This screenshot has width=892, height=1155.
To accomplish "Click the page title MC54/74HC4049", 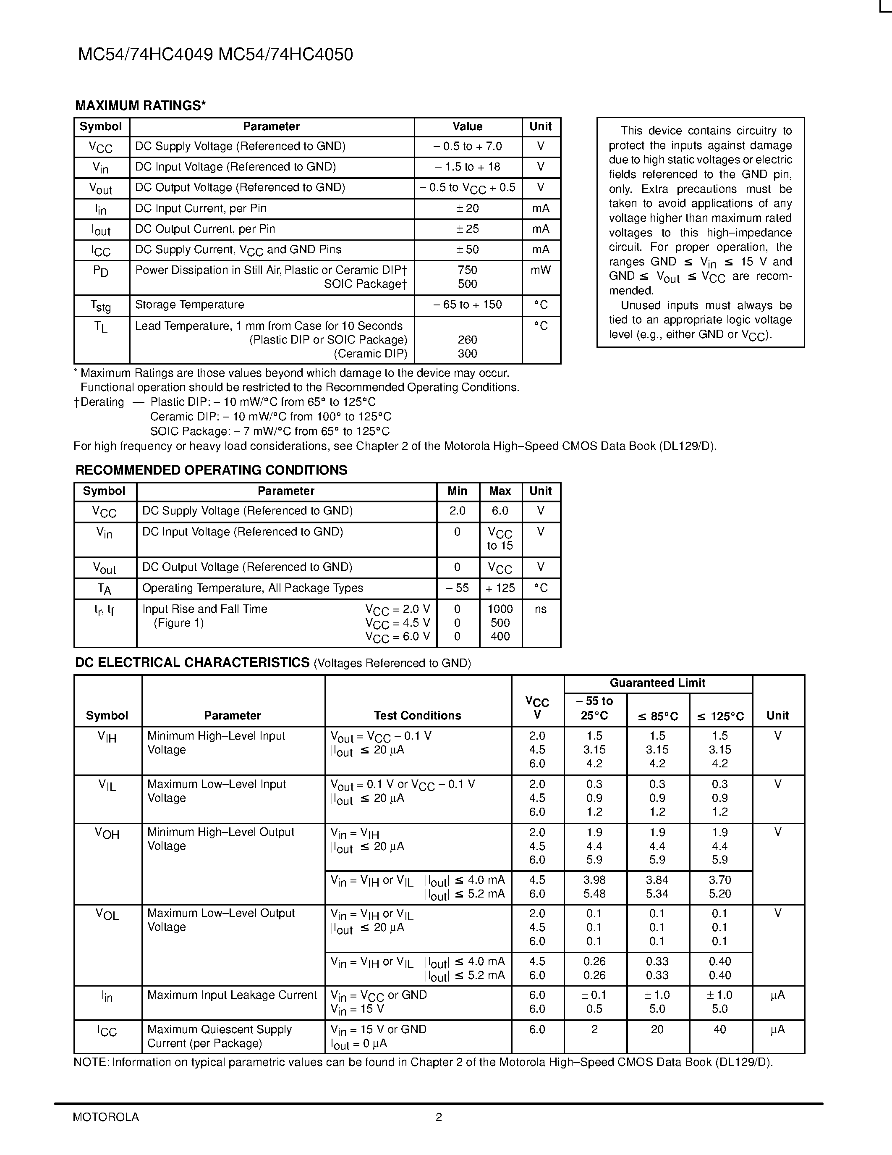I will point(145,55).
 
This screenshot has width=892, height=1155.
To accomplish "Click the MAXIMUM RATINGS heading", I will point(140,106).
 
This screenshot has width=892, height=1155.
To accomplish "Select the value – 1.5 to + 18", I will point(467,167).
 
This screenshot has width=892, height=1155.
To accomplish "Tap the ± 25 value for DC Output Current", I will point(467,229).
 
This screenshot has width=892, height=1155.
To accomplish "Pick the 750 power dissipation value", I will point(467,270).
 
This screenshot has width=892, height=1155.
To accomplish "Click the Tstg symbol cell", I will point(101,306).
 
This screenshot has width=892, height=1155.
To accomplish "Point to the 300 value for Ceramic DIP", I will point(467,354).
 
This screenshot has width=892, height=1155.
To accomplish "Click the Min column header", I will point(457,491).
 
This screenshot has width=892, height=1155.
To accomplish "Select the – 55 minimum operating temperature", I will point(457,588).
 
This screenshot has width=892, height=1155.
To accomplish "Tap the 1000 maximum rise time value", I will point(500,609).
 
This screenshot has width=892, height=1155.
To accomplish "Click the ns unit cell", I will point(541,609).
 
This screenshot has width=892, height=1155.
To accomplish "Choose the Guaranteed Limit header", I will point(657,683).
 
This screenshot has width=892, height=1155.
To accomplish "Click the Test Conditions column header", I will point(418,716).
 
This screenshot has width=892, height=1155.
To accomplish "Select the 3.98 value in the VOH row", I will point(594,880).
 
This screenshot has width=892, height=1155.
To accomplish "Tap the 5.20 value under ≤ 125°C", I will point(720,894).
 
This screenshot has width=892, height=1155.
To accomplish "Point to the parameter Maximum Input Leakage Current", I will point(232,995).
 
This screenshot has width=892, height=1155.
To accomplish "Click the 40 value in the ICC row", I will point(720,1030).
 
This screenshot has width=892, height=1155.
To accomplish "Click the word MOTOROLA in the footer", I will point(106,1118).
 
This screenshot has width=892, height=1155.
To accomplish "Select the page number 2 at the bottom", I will point(439,1118).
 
